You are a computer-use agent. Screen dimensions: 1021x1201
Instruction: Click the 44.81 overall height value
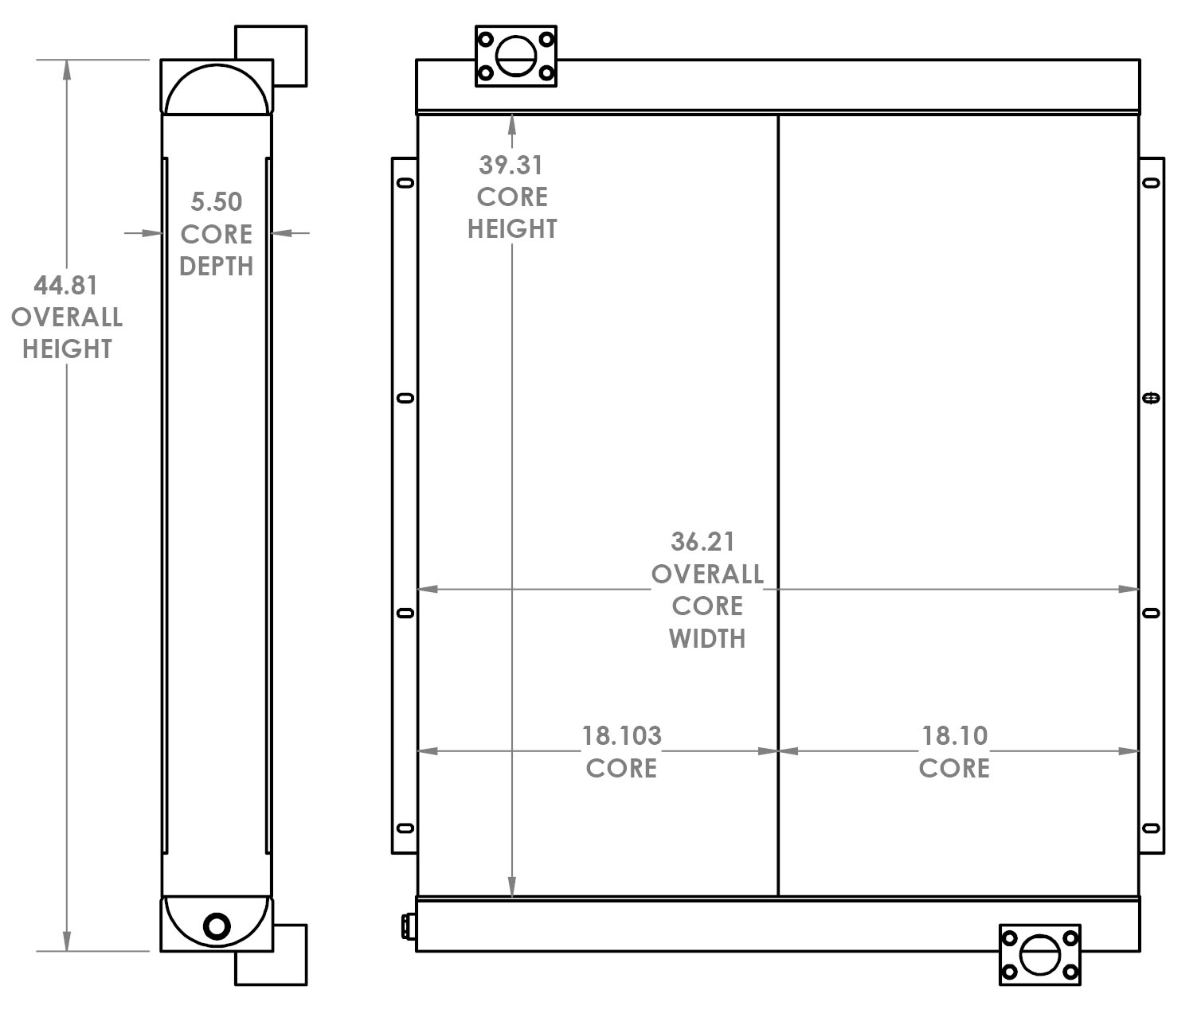pos(65,285)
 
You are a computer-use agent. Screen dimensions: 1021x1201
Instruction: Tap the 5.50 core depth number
pos(216,202)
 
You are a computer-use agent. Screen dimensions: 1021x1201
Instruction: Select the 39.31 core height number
pos(511,166)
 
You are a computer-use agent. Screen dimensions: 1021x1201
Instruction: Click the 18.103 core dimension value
pos(621,735)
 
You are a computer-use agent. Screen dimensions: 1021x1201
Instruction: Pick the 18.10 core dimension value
pos(954,735)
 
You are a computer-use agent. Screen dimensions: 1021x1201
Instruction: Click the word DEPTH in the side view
pos(216,267)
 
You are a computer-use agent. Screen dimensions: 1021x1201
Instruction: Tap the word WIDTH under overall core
pos(707,638)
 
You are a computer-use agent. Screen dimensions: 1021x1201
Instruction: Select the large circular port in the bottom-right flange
pos(1039,954)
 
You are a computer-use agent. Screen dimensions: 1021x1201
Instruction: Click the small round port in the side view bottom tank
pos(217,926)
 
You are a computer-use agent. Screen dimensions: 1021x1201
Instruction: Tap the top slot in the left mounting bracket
pos(405,184)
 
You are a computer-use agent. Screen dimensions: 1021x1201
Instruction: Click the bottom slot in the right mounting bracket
pos(1151,828)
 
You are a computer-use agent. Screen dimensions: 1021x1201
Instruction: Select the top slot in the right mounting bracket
pos(1151,184)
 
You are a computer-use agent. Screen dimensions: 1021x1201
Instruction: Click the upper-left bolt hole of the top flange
pos(484,38)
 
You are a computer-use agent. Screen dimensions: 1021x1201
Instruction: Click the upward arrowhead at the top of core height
pos(511,122)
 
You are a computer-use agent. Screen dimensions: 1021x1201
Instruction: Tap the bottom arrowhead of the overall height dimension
pos(67,942)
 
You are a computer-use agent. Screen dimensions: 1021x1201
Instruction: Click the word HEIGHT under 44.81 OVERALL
pos(67,349)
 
